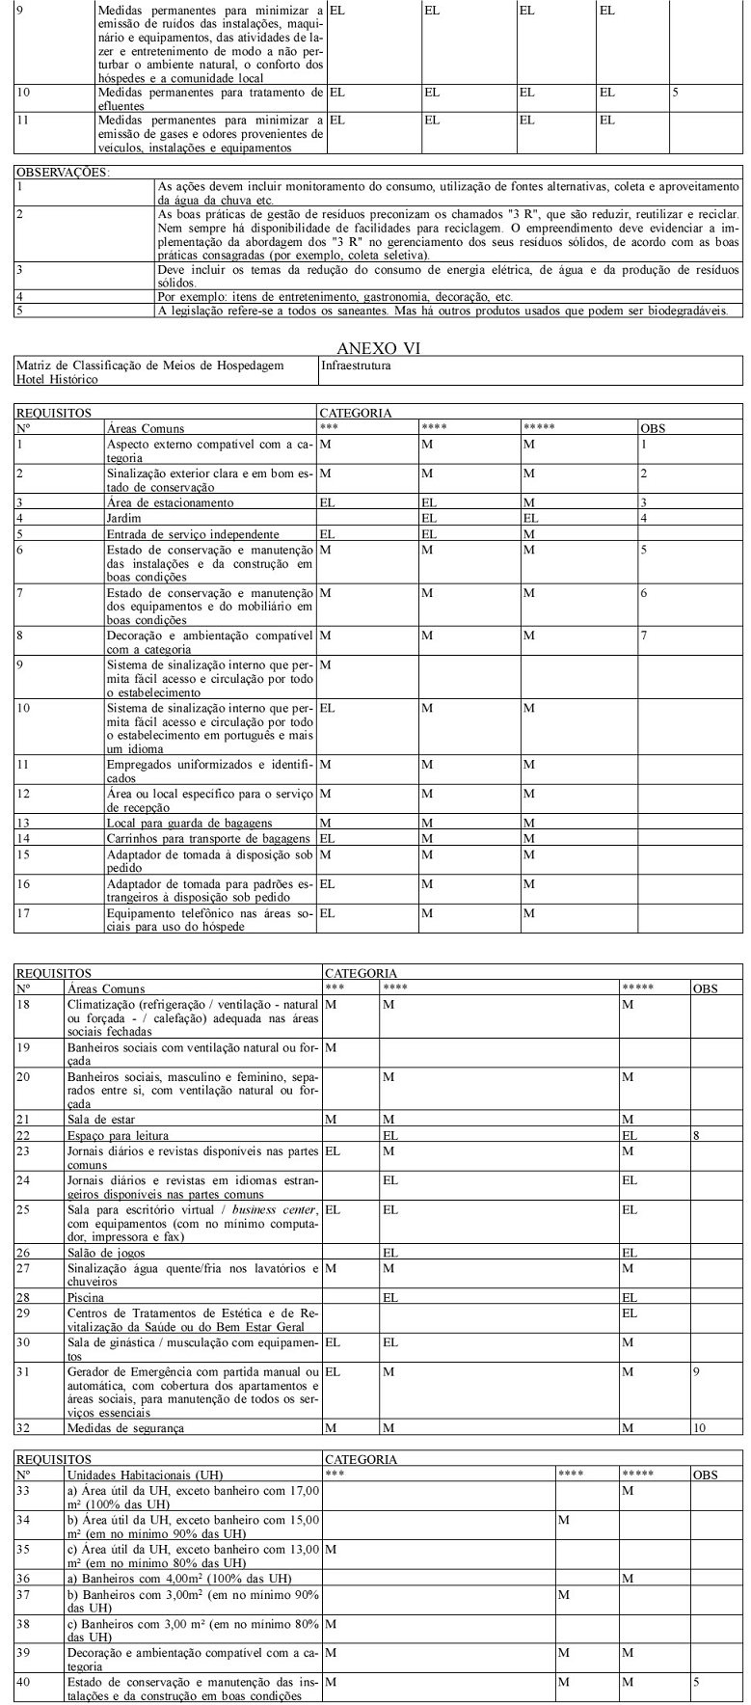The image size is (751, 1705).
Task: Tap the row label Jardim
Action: [122, 518]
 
